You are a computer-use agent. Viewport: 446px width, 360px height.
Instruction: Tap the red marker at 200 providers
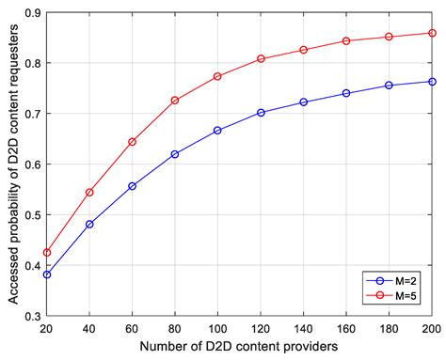[432, 33]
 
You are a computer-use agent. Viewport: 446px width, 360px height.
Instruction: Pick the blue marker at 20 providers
[47, 274]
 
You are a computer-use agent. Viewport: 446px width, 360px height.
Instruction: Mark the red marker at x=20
[47, 253]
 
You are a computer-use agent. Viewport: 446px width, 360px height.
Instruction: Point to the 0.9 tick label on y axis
[32, 12]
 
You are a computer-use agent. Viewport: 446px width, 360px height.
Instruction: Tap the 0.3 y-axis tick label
[32, 317]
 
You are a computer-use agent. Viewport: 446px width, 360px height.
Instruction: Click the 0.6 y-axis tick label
[32, 164]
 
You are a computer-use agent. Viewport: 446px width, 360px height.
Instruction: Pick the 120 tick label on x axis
[261, 330]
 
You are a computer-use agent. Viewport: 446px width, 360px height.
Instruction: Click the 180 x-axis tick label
[389, 330]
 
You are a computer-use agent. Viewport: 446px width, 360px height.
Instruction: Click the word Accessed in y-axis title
[10, 266]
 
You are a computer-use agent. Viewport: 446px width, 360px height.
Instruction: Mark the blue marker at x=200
[432, 82]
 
